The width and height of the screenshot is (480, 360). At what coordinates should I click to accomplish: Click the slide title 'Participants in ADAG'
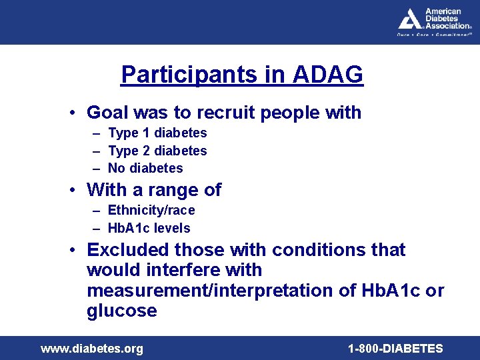coord(242,75)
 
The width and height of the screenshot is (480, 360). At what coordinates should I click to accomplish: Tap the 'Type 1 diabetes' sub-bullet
coord(157,133)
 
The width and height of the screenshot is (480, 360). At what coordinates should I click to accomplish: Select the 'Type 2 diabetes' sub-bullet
coord(157,151)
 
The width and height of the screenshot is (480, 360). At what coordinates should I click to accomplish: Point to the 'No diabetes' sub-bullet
coord(145,169)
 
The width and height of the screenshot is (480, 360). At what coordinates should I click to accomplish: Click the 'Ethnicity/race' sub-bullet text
coord(151,211)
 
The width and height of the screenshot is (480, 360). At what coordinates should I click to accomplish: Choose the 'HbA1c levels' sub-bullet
coord(149,229)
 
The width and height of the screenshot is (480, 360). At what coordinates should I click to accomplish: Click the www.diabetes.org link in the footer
coord(92,349)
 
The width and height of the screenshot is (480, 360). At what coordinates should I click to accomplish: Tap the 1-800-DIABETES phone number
coord(395,349)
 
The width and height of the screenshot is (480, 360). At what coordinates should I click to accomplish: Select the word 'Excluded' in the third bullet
coord(128,250)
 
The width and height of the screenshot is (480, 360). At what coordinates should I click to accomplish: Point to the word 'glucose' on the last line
coord(122,311)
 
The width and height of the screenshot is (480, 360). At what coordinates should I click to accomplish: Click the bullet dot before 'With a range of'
coord(78,190)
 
